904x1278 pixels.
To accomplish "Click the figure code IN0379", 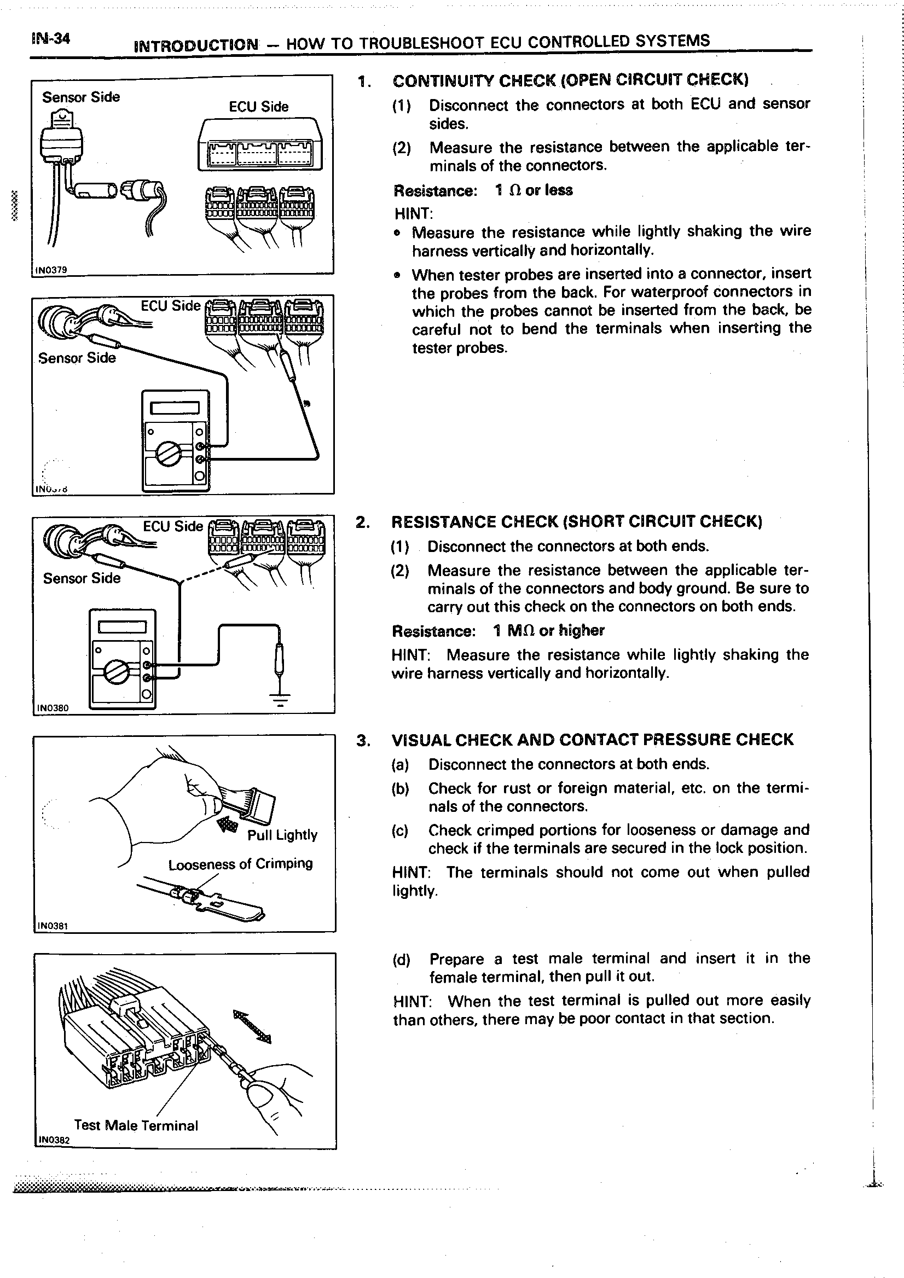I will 51,270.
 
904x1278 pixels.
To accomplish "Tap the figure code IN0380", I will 53,708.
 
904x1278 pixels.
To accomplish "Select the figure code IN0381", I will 53,926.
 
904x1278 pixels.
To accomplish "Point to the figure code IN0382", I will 54,1140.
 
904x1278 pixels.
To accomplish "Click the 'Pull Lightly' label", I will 282,835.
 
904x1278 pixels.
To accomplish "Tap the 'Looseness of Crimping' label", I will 240,864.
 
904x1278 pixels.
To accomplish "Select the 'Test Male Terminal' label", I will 136,1125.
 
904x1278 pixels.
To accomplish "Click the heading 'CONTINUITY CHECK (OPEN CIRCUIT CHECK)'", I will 570,81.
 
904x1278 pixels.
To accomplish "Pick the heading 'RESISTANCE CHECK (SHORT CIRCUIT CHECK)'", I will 576,521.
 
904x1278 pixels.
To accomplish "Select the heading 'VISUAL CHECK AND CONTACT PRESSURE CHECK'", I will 592,740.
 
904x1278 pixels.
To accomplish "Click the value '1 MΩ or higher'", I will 548,631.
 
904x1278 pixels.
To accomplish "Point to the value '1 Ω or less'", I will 534,190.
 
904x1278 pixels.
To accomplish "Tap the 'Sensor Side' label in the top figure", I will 81,97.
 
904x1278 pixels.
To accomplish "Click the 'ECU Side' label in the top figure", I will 258,107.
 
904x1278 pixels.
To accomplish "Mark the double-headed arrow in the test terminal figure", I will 252,1026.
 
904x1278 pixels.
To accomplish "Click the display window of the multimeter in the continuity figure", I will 175,408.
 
